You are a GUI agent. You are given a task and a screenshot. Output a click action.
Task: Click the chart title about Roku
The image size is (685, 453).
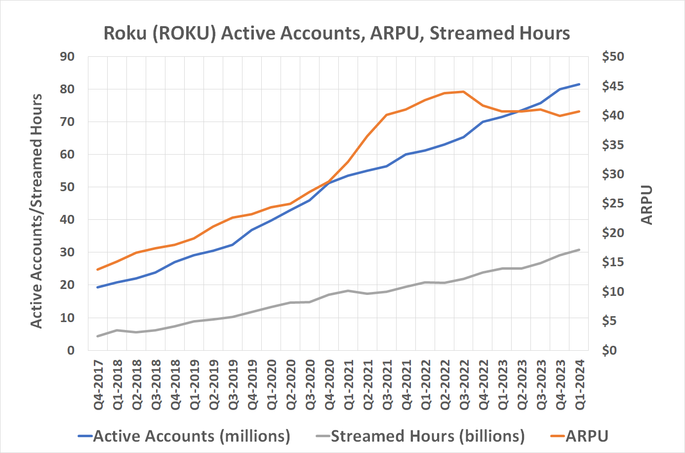tap(336, 33)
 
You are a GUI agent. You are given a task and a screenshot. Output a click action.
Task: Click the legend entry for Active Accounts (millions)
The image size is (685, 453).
tap(192, 436)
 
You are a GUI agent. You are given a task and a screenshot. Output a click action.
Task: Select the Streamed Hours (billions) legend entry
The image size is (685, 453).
tap(427, 436)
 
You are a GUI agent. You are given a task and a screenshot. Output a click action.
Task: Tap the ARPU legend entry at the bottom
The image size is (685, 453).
tap(587, 436)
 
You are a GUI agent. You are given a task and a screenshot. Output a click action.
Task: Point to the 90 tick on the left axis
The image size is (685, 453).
tap(67, 57)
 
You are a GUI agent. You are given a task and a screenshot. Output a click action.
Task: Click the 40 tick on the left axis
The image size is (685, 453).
tap(67, 220)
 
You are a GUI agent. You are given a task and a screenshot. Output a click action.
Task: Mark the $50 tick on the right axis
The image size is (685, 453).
tap(613, 57)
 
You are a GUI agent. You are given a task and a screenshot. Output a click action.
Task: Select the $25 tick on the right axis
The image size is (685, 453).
tap(613, 204)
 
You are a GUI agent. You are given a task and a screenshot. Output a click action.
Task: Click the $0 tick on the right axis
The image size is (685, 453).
tap(613, 350)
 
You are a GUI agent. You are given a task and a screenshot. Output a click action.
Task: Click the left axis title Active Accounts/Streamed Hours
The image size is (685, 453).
tap(37, 211)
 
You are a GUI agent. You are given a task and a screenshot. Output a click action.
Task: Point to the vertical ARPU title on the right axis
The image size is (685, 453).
tap(646, 205)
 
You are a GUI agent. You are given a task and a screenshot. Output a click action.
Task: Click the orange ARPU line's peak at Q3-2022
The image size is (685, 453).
tap(463, 91)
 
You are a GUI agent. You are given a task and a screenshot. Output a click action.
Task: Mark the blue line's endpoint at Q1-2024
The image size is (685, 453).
tap(579, 84)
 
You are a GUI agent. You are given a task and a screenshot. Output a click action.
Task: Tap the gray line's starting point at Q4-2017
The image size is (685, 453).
tap(98, 336)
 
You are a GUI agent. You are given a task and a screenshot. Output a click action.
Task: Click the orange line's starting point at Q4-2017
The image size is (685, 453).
tap(98, 269)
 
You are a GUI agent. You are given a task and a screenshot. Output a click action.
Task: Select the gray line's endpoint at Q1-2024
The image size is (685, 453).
tap(579, 250)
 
